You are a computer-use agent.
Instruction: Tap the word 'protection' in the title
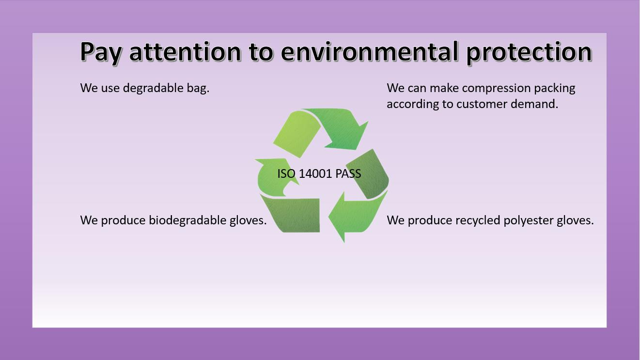pos(529,53)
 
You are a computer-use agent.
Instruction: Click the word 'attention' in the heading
pos(186,52)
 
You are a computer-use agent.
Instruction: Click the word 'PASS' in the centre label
pos(348,174)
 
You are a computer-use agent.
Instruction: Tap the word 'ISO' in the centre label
pos(286,174)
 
